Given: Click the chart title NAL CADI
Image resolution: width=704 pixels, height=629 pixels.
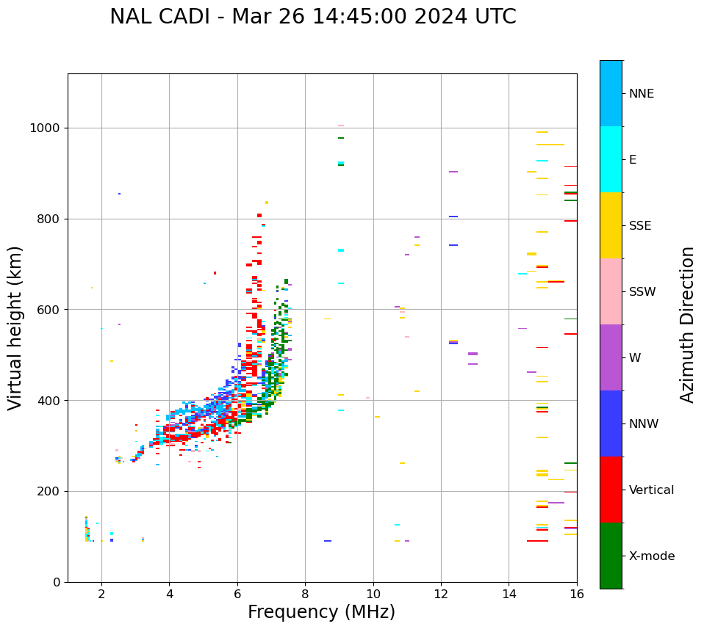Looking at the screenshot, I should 312,17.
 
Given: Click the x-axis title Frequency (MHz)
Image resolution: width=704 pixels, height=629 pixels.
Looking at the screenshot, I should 321,612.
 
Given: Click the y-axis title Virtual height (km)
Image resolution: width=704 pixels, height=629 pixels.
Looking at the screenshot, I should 15,327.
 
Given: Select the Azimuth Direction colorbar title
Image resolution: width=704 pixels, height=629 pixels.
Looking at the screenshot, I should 687,324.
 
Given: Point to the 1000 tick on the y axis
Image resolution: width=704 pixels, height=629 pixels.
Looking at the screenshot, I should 45,128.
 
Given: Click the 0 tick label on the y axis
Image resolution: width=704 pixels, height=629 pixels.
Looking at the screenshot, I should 57,582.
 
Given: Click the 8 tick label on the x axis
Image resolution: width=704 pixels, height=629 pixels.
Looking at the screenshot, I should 305,593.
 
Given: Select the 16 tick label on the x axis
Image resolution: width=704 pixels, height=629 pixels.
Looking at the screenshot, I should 577,593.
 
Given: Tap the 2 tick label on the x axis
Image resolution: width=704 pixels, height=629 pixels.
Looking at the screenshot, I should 101,593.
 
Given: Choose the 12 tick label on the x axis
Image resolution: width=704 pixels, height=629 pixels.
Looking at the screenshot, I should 441,593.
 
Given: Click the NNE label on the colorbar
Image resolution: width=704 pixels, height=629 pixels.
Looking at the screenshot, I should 641,94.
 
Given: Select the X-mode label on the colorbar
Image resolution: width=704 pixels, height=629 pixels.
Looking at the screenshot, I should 651,556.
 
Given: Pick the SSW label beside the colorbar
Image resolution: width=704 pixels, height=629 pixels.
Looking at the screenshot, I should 642,292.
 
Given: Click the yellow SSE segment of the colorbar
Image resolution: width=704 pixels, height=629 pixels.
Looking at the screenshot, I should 611,225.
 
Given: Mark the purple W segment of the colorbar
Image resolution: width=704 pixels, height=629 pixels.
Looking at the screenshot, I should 611,357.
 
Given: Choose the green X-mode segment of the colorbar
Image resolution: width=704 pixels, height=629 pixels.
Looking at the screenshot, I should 611,556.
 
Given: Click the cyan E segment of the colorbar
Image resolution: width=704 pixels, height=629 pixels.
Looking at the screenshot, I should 611,159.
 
